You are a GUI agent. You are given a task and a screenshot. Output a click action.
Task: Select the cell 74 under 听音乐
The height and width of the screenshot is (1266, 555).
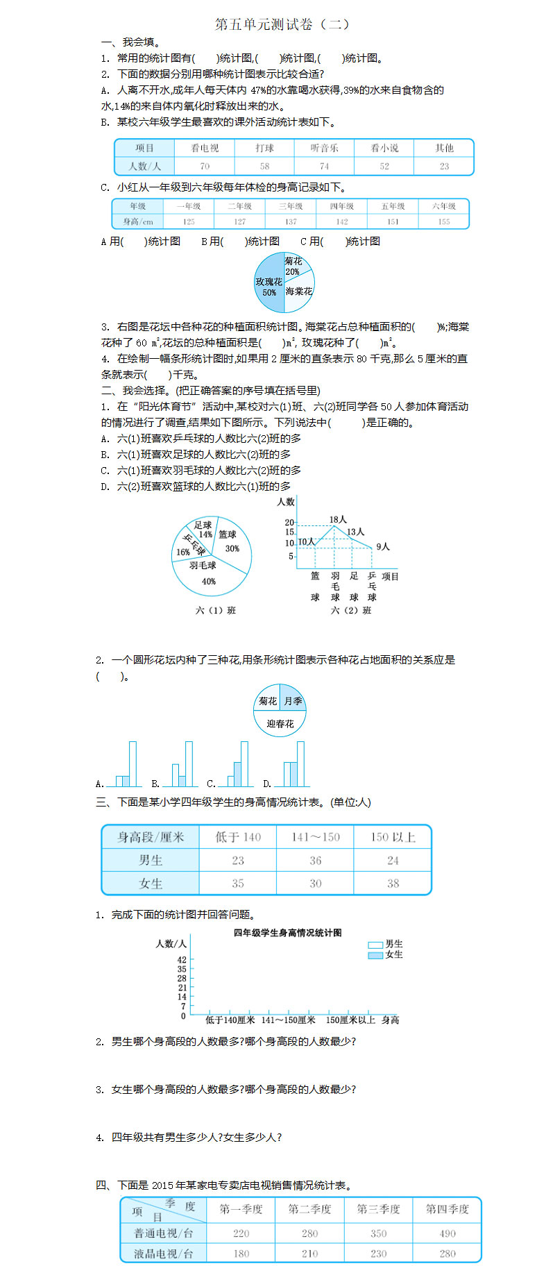click(324, 167)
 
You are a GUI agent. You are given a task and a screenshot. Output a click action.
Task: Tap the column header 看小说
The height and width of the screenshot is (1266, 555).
click(384, 148)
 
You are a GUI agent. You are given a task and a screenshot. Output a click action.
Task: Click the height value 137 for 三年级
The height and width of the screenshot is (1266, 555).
click(291, 221)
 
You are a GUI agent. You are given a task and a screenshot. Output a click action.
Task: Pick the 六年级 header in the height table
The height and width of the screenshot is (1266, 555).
click(444, 206)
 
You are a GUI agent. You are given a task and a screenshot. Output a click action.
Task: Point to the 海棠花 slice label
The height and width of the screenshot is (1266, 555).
click(299, 292)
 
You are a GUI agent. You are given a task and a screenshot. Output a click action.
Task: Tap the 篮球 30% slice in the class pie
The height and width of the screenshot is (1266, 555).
click(230, 541)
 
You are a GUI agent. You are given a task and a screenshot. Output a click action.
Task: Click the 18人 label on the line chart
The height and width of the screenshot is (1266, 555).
click(338, 519)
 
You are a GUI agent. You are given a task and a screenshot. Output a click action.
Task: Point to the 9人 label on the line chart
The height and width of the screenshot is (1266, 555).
click(383, 547)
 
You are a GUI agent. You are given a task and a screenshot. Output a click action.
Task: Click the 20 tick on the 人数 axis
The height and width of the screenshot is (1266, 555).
click(289, 523)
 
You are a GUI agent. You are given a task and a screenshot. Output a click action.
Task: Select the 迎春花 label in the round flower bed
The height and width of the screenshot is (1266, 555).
click(280, 723)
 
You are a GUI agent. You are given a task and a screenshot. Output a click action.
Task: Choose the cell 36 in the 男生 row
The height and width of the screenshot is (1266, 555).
click(315, 860)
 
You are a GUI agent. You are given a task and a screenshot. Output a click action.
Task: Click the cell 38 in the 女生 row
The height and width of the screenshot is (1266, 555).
click(393, 884)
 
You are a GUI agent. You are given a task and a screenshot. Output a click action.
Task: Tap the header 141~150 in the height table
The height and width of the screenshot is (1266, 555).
click(315, 837)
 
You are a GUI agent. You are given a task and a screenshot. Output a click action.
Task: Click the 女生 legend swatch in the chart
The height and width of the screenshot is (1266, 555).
click(375, 955)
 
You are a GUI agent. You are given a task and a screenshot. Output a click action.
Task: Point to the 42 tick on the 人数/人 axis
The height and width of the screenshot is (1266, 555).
click(182, 960)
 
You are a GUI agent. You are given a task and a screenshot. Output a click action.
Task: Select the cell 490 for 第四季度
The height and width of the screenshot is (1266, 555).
click(447, 1233)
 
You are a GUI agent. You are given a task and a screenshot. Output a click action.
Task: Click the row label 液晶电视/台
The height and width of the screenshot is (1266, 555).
click(164, 1254)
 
